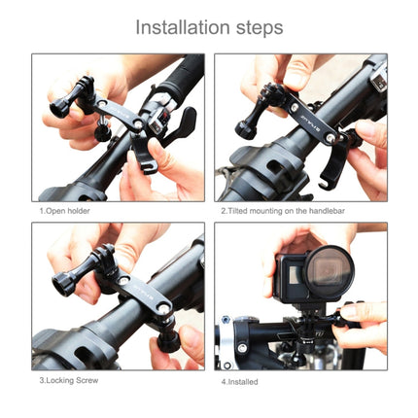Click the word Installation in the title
184,26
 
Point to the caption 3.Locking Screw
69,380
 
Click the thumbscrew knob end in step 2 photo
243,128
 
